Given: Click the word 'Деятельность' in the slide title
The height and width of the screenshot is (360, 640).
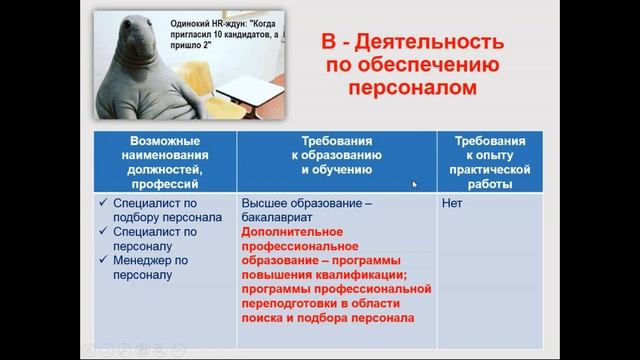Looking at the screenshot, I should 420,43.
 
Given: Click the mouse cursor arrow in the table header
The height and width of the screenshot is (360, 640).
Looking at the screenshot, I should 416,184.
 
